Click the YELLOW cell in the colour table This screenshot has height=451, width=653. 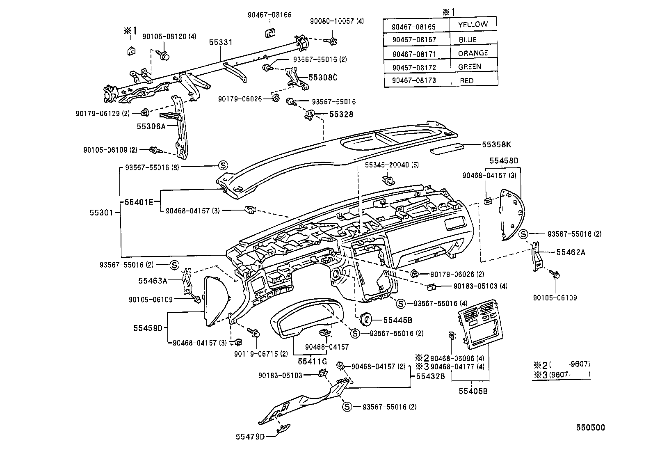pos(473,25)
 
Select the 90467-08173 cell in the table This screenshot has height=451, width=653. pos(414,80)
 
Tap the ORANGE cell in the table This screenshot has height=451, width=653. pos(473,53)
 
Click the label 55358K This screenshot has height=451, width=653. pos(496,144)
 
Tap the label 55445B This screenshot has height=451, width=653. pos(397,320)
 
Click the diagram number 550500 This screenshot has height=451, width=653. pos(589,428)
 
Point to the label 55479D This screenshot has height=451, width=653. pos(250,436)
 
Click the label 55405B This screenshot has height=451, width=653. pos(473,391)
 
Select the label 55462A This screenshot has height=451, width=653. pos(571,252)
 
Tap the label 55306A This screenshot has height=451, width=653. pos(151,126)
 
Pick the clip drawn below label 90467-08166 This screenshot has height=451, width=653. pos(269,33)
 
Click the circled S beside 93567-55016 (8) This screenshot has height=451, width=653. pos(222,165)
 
